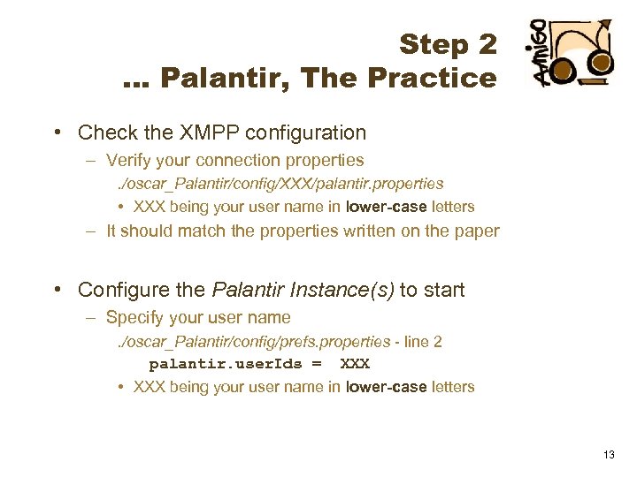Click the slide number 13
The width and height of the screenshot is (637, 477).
tap(608, 454)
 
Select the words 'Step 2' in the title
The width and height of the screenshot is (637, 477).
tap(448, 43)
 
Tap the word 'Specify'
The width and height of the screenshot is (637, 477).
tap(134, 317)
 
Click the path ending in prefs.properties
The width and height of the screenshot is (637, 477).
tap(253, 341)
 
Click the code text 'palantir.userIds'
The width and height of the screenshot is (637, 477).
tap(225, 364)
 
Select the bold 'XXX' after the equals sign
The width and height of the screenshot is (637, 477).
tap(355, 364)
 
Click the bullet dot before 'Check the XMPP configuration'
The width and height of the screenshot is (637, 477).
tap(57, 133)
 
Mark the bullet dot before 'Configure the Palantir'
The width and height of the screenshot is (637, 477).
tap(57, 290)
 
